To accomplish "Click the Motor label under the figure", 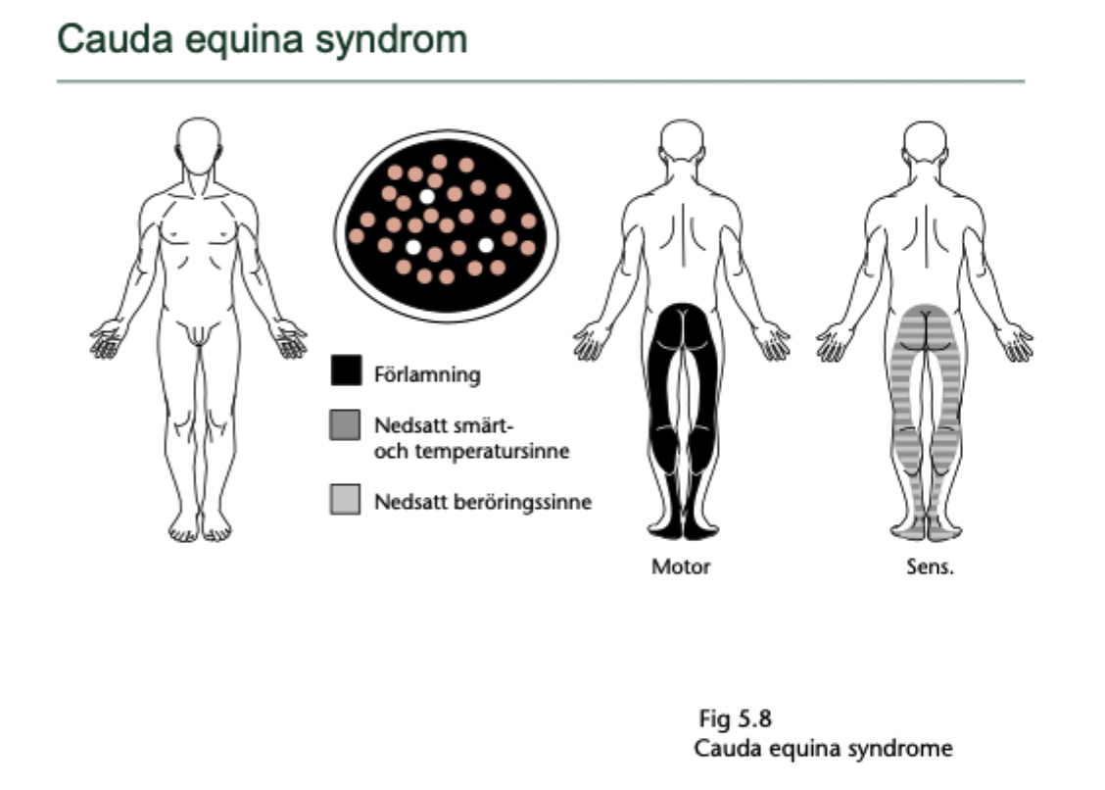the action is (x=681, y=567).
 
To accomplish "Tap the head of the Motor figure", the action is (x=682, y=142).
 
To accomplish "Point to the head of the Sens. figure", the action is (x=926, y=142).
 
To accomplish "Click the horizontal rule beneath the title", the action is (x=540, y=80).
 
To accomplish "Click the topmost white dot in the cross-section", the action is (x=427, y=196).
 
